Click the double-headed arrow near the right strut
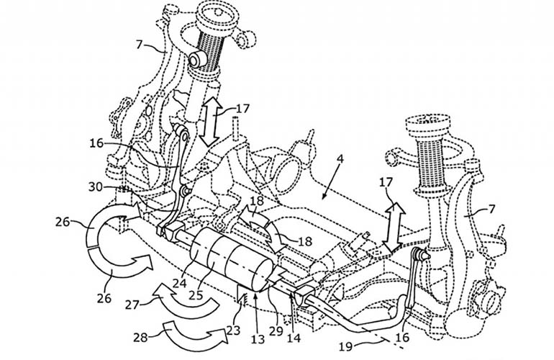click(x=394, y=225)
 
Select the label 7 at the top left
click(x=143, y=46)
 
